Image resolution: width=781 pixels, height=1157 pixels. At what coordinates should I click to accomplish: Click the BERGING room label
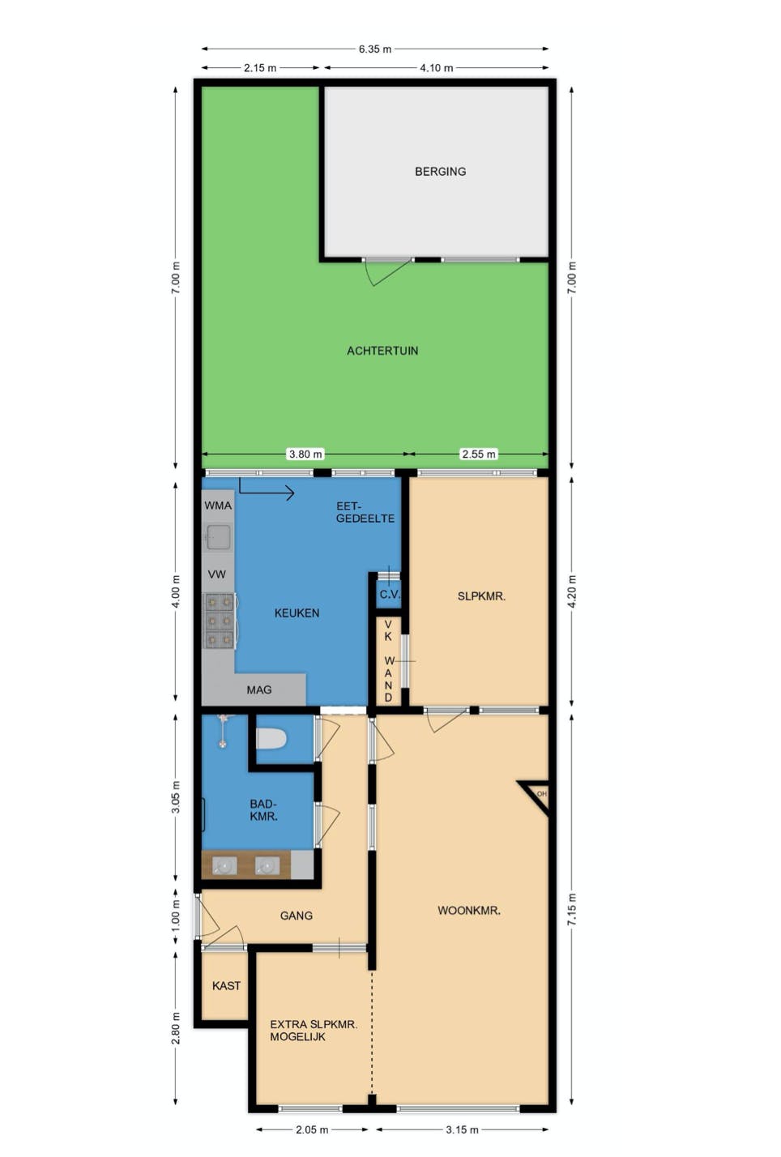click(440, 172)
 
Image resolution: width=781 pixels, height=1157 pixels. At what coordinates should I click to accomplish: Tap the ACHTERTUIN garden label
click(382, 351)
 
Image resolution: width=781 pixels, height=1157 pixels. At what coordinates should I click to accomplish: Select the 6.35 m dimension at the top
click(374, 49)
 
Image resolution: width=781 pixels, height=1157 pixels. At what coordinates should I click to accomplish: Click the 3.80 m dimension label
click(305, 455)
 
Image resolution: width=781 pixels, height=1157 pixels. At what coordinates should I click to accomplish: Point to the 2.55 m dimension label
click(478, 455)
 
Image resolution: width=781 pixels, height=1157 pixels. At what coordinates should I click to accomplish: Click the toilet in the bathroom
click(271, 739)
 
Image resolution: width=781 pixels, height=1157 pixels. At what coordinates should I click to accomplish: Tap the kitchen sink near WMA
click(218, 536)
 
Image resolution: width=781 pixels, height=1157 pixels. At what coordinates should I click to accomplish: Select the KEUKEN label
click(297, 613)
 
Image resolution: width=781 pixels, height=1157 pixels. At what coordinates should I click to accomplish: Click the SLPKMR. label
click(481, 596)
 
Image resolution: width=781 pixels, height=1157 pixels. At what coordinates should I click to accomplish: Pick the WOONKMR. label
click(469, 911)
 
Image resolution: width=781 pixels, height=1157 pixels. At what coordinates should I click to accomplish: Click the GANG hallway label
click(296, 916)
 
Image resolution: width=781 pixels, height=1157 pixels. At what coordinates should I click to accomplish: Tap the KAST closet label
click(226, 986)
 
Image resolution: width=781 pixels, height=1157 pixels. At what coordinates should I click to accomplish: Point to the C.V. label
click(390, 595)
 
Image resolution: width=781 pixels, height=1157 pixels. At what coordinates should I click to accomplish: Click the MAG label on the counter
click(259, 690)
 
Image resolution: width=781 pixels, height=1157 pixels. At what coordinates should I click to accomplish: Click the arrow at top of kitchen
click(267, 489)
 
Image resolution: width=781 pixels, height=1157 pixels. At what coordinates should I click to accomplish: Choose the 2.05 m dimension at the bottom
click(312, 1129)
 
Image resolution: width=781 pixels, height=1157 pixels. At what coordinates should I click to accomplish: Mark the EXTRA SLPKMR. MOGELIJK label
click(313, 1031)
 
